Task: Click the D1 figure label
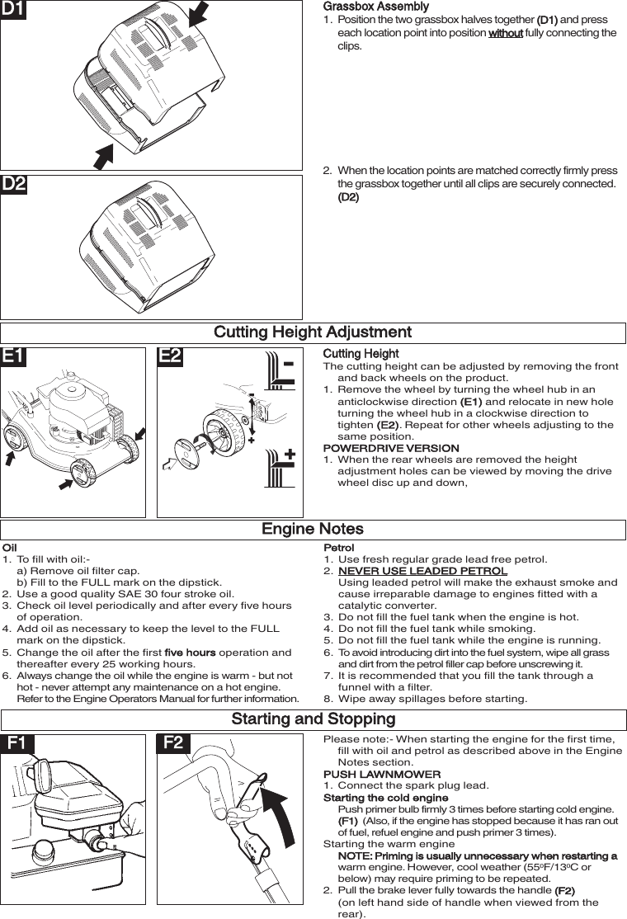pyautogui.click(x=14, y=10)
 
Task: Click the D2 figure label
pyautogui.click(x=14, y=185)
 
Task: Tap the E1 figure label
pyautogui.click(x=14, y=356)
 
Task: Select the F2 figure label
pyautogui.click(x=173, y=742)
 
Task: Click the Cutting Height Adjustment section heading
pyautogui.click(x=313, y=332)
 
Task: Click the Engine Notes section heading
pyautogui.click(x=313, y=529)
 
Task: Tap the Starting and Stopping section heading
pyautogui.click(x=313, y=719)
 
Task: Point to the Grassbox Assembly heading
pyautogui.click(x=375, y=7)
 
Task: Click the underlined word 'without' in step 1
pyautogui.click(x=505, y=33)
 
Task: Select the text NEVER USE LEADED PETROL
pyautogui.click(x=422, y=571)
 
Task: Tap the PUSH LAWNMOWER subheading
pyautogui.click(x=382, y=775)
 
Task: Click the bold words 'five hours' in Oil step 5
pyautogui.click(x=190, y=653)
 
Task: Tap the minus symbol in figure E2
pyautogui.click(x=289, y=364)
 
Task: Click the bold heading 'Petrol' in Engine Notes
pyautogui.click(x=338, y=548)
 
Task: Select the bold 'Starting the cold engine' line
pyautogui.click(x=385, y=798)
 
